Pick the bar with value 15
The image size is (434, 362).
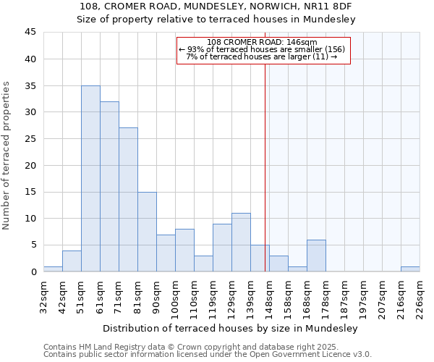pyautogui.click(x=147, y=232)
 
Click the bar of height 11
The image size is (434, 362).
pyautogui.click(x=241, y=243)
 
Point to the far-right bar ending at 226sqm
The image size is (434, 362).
pyautogui.click(x=410, y=269)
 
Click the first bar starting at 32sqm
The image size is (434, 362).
pyautogui.click(x=53, y=269)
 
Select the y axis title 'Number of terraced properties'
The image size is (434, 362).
pyautogui.click(x=7, y=156)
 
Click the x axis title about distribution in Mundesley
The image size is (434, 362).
pyautogui.click(x=229, y=328)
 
